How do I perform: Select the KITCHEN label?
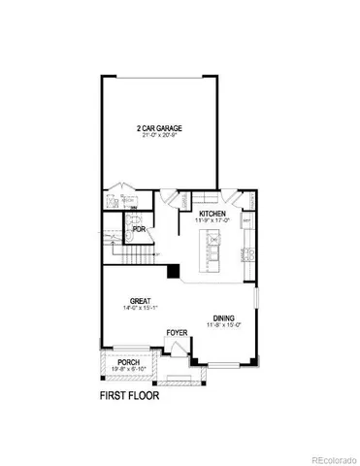point(213,214)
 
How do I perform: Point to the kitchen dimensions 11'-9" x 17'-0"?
point(213,221)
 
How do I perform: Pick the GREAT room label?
point(142,301)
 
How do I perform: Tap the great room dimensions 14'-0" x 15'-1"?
point(142,309)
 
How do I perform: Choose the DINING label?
point(223,317)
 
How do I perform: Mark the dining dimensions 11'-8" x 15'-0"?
point(223,325)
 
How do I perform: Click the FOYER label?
point(176,332)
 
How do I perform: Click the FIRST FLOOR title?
point(130,396)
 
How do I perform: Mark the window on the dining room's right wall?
point(256,304)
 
